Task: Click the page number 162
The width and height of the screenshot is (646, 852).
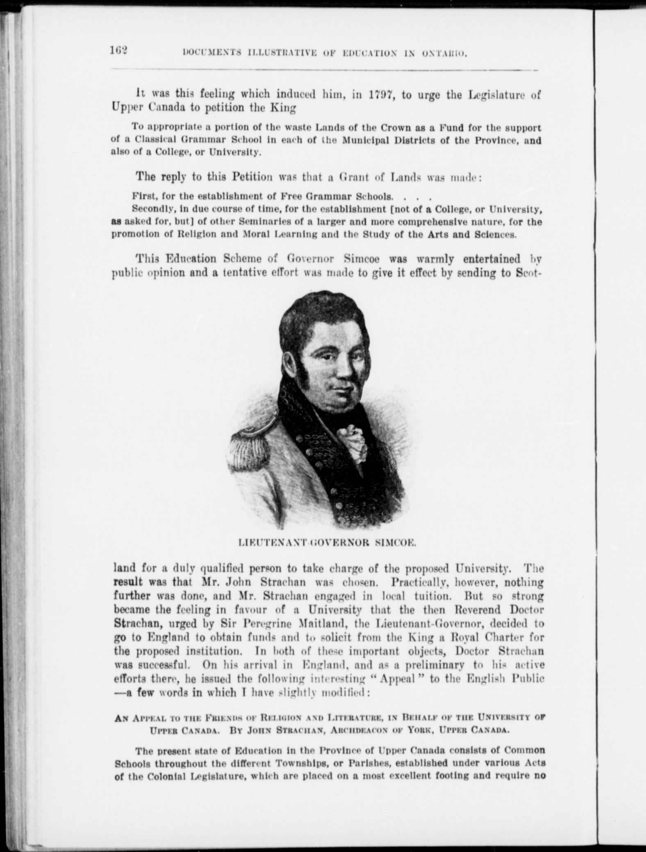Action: (x=118, y=50)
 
